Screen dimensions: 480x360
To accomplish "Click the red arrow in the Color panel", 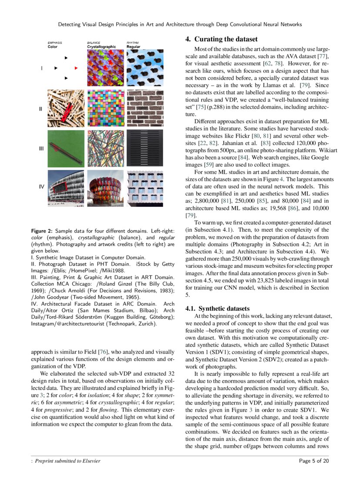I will pos(76,68).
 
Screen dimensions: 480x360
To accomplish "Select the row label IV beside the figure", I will pos(42,187).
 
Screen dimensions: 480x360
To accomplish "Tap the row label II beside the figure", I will pos(41,109).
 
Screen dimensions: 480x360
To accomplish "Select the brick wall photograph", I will pos(145,109).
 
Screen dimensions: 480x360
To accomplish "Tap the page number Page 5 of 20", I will pos(314,461).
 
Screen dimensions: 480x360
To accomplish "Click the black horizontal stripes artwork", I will pos(145,148).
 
